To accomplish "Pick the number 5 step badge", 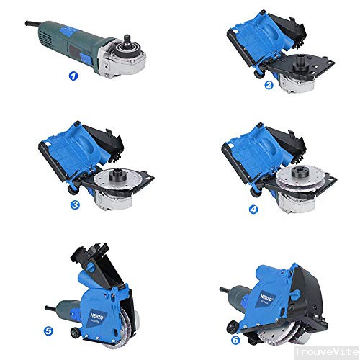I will pos(48,332).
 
